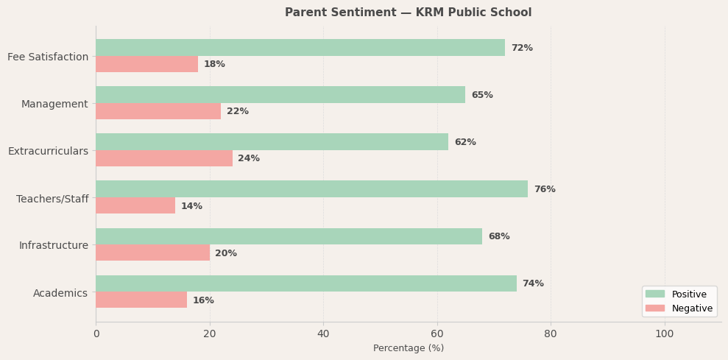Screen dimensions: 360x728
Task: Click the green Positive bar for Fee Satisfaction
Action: (300, 48)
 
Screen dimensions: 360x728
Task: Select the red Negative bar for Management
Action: (158, 111)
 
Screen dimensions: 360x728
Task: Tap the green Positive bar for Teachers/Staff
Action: (311, 189)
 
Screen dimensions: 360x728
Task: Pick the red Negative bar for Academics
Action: (141, 300)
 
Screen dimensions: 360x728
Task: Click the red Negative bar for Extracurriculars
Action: (164, 158)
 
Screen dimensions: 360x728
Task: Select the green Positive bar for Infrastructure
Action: (289, 236)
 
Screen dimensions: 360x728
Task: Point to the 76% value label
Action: (545, 189)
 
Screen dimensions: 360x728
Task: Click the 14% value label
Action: (191, 206)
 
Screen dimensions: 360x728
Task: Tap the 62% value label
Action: (465, 142)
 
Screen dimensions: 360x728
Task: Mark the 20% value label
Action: (226, 253)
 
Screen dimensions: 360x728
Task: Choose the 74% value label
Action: (533, 283)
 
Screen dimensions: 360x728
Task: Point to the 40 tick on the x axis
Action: (323, 333)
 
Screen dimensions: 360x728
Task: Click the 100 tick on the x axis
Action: (665, 333)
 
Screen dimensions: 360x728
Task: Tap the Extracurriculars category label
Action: (48, 151)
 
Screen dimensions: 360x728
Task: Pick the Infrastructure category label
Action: (53, 245)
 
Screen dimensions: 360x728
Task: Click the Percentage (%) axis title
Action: (409, 348)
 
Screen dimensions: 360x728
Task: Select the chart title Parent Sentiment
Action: (408, 13)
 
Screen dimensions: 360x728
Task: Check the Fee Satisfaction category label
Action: (48, 57)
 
